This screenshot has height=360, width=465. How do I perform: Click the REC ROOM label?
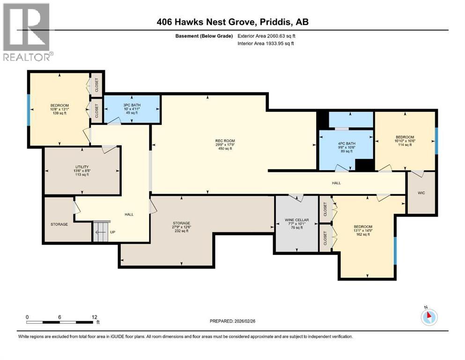225,141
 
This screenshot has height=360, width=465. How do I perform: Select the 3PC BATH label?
132,105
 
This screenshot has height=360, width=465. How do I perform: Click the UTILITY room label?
79,166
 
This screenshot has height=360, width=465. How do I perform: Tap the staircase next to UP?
101,231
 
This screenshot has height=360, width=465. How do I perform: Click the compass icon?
429,317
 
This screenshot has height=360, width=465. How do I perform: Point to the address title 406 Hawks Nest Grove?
232,22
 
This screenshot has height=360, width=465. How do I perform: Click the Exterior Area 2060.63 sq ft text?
266,36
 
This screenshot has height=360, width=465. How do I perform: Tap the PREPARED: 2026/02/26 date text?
237,321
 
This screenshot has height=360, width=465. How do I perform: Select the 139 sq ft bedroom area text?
59,113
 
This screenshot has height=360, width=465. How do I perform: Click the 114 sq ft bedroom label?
405,145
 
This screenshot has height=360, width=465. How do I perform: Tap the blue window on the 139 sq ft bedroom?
29,110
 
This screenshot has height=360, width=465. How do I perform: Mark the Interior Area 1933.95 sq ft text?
266,43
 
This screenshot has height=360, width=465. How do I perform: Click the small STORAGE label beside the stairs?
59,225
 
